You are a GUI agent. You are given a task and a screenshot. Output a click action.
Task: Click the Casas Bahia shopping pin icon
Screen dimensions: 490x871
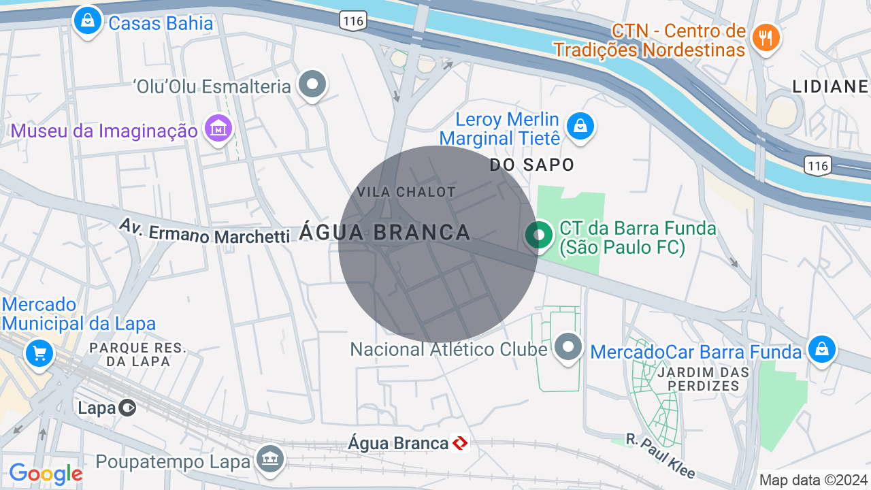tap(87, 20)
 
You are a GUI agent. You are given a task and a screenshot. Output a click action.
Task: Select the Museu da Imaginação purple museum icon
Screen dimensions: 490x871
tap(219, 128)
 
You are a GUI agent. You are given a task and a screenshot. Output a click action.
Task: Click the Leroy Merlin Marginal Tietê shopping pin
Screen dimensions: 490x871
tap(580, 126)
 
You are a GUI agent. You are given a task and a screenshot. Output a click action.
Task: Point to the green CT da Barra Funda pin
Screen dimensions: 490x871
tap(539, 235)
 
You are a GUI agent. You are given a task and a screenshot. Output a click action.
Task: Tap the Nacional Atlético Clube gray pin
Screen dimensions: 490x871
tap(568, 347)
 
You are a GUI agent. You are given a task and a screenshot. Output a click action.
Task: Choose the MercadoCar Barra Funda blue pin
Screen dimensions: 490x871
tap(821, 349)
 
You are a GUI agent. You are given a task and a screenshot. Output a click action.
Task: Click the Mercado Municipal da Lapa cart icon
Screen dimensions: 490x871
tap(39, 353)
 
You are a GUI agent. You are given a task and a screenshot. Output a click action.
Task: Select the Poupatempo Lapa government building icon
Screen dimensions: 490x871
tap(270, 459)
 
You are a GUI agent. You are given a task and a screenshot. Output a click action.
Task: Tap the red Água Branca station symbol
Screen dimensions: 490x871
tap(461, 444)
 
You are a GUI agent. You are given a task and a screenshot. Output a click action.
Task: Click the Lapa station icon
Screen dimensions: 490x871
tap(127, 408)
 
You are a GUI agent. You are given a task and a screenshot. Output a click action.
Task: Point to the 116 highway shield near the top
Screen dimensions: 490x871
tap(353, 21)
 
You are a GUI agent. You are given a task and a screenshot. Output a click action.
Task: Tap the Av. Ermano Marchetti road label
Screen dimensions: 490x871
tap(204, 231)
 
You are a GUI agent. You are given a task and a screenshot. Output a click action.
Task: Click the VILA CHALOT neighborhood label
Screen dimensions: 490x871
tap(406, 192)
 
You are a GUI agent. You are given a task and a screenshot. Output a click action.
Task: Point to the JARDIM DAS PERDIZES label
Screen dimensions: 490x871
tap(703, 379)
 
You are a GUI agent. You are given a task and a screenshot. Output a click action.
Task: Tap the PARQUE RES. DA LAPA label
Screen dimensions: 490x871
tap(137, 355)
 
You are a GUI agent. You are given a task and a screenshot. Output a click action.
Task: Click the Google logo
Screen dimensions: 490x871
tap(46, 474)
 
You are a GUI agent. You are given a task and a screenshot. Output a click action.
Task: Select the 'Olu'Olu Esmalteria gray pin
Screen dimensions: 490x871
tap(313, 85)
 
